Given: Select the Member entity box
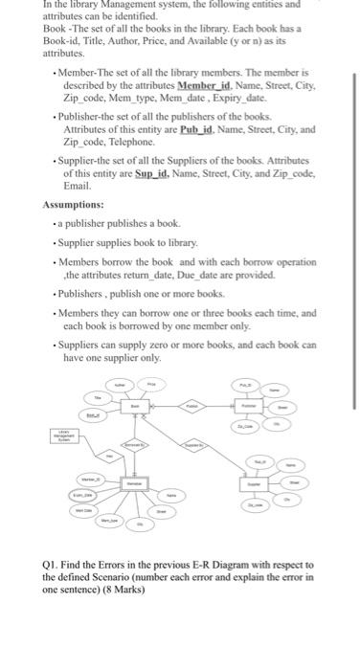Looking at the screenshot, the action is [133, 486].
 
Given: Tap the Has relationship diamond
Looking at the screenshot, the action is [109, 457].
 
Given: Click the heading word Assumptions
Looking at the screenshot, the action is [74, 205].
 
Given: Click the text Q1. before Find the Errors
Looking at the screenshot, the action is [55, 565].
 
